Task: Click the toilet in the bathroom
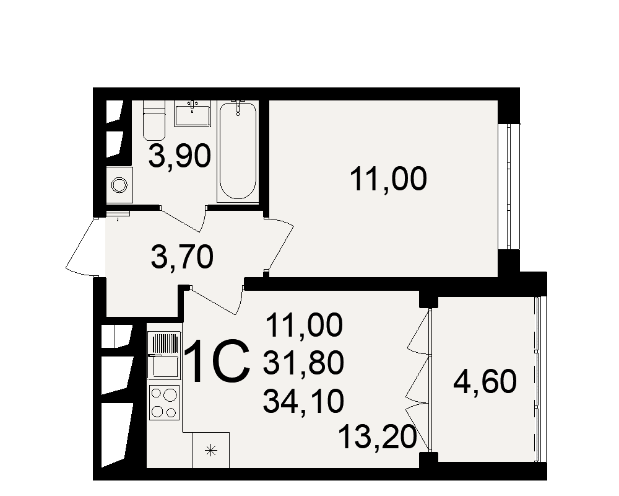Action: coord(154,122)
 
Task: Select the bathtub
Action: coord(237,151)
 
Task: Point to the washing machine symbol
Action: coord(119,184)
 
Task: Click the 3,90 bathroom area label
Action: coord(180,156)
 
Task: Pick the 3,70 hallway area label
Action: coord(182,257)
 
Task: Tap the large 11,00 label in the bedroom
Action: coord(388,180)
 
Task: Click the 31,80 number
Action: coord(303,363)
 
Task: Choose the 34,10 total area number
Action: coord(303,402)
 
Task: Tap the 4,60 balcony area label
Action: coord(485,383)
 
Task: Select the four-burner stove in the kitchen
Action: coord(164,402)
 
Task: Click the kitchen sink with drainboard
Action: coord(163,357)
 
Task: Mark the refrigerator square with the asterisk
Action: coord(210,450)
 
